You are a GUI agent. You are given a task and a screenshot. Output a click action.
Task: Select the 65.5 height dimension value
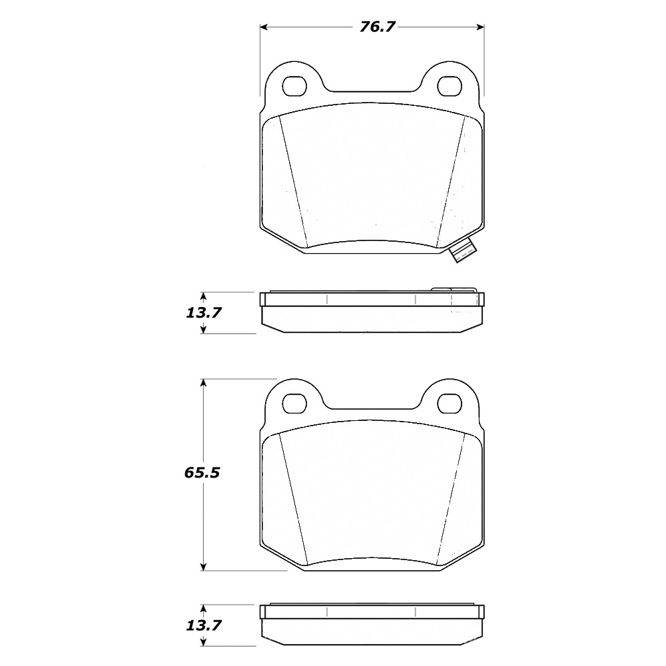[x=202, y=474]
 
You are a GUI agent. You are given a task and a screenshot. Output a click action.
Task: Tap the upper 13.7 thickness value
[x=204, y=312]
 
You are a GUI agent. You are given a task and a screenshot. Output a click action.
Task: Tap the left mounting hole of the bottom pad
[x=293, y=402]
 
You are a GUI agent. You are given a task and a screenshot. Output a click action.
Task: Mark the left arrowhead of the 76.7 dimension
[x=264, y=27]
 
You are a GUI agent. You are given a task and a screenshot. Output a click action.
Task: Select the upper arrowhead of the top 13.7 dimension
[x=204, y=296]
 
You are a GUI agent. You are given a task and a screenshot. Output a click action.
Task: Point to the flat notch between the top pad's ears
[x=372, y=92]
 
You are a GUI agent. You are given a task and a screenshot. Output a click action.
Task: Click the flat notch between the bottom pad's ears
[x=372, y=408]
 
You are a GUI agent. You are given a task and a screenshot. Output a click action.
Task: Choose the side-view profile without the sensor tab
[x=372, y=627]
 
